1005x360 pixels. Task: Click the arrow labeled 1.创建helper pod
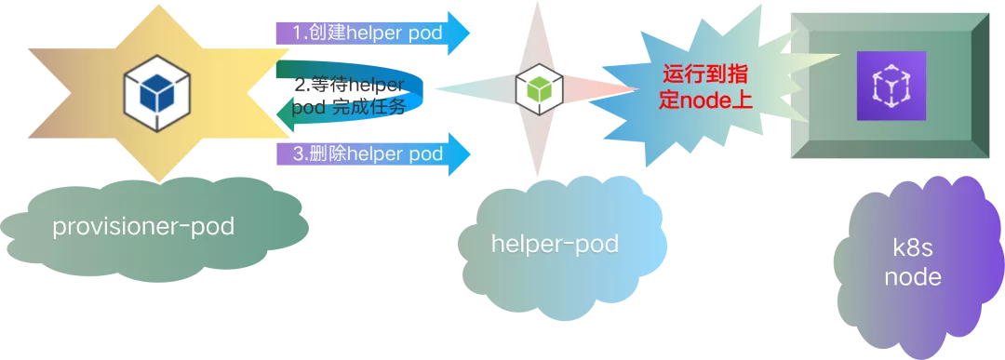pyautogui.click(x=372, y=33)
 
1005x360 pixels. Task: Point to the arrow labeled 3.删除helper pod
pyautogui.click(x=372, y=153)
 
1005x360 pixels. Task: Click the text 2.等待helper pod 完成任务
pyautogui.click(x=350, y=95)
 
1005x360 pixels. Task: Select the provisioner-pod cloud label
pyautogui.click(x=143, y=227)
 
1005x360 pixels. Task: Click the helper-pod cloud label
pyautogui.click(x=555, y=244)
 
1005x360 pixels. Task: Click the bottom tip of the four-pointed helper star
pyautogui.click(x=535, y=175)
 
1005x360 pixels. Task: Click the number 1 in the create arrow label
pyautogui.click(x=298, y=33)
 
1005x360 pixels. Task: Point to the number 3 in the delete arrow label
pyautogui.click(x=298, y=153)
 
